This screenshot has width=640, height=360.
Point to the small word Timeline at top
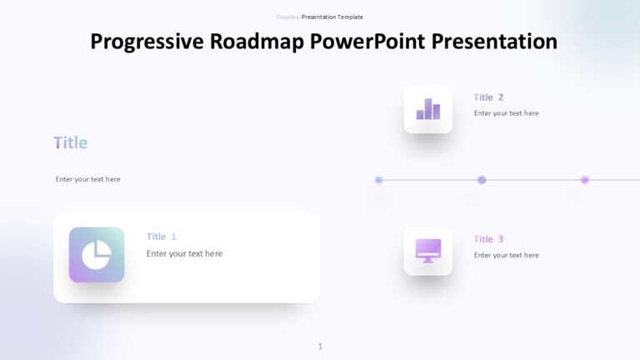tap(287, 17)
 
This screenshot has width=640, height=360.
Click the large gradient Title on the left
tap(70, 142)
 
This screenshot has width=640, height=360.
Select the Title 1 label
tap(161, 237)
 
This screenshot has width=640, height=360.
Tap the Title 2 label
tap(488, 97)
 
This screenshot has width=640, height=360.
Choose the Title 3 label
tap(488, 239)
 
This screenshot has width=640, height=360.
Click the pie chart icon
tap(97, 254)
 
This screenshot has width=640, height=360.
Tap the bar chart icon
tap(428, 109)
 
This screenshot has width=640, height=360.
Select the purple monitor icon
tap(428, 250)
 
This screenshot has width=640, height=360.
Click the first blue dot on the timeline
tap(379, 179)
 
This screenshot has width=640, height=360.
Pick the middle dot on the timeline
tap(482, 179)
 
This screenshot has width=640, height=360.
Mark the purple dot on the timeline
tap(584, 179)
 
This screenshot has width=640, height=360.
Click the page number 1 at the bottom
tap(320, 347)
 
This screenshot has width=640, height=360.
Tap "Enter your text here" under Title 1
tap(184, 253)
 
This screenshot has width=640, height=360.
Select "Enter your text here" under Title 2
tap(506, 113)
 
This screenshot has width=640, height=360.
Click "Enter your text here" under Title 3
tap(506, 255)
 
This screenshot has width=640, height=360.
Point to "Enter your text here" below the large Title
tap(87, 179)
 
